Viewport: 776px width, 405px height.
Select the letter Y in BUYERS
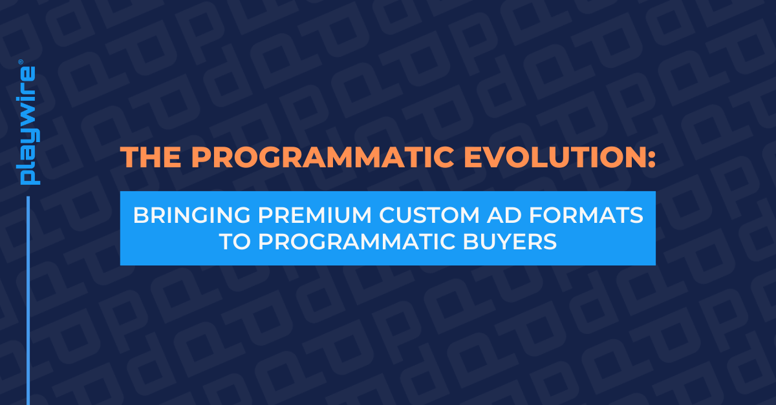point(503,242)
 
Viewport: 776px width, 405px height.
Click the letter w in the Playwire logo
point(29,110)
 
